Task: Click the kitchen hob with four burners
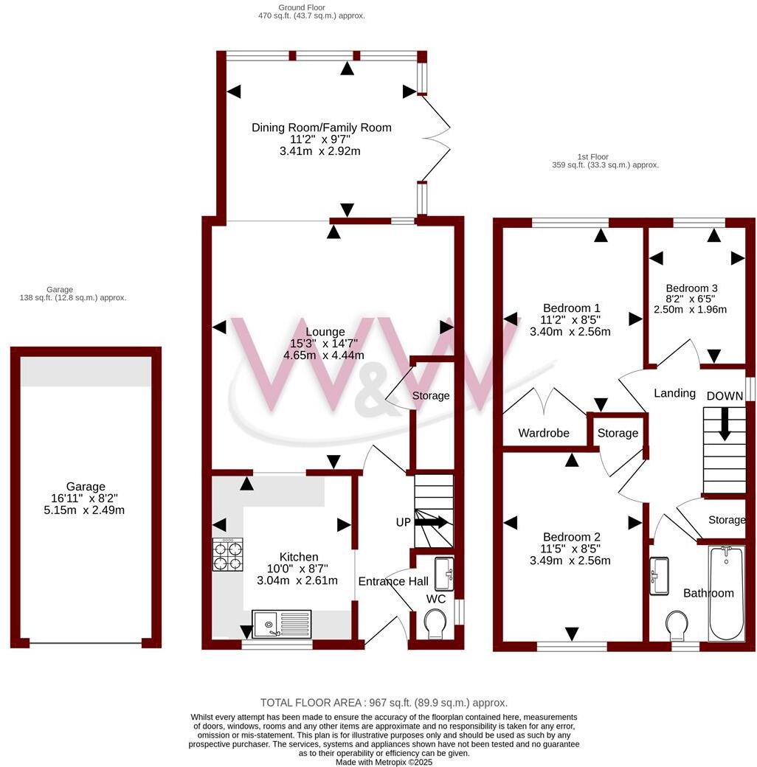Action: pyautogui.click(x=228, y=555)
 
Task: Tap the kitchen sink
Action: pyautogui.click(x=282, y=623)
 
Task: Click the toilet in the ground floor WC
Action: pyautogui.click(x=435, y=626)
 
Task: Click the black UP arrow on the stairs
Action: pyautogui.click(x=432, y=522)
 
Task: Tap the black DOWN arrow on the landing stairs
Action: pyautogui.click(x=725, y=424)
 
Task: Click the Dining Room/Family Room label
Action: pyautogui.click(x=321, y=128)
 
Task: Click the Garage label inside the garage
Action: pyautogui.click(x=86, y=487)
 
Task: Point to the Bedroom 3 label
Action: pyautogui.click(x=691, y=288)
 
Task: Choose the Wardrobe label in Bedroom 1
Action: pyautogui.click(x=544, y=433)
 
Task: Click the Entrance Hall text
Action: pyautogui.click(x=393, y=581)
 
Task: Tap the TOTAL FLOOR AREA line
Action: pyautogui.click(x=384, y=703)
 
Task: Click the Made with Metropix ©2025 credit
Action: pyautogui.click(x=384, y=762)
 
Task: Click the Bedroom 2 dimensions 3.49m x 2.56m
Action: pyautogui.click(x=570, y=560)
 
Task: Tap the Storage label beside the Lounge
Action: pyautogui.click(x=431, y=396)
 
